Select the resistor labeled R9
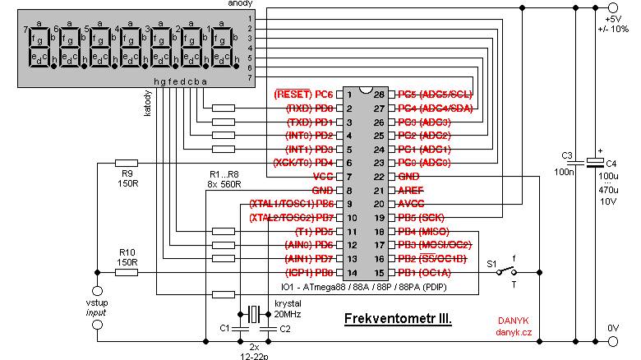[x=127, y=163]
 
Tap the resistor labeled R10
[x=127, y=271]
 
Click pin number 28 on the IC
[x=379, y=94]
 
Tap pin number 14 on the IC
[x=348, y=272]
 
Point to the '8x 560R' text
[x=224, y=185]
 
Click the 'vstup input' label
[x=98, y=307]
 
